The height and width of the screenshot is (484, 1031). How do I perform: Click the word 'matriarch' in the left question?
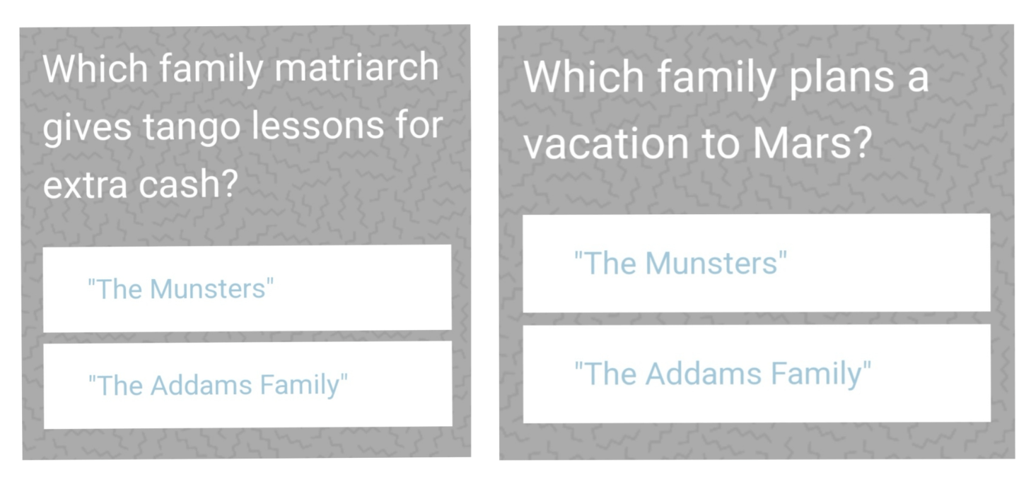coord(356,68)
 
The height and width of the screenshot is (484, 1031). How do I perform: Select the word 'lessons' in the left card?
coord(318,125)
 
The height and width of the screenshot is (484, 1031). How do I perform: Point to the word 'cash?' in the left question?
coord(188,184)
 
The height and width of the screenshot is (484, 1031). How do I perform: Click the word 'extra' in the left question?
coord(85,185)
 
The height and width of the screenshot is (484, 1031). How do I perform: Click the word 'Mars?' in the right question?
coord(812,143)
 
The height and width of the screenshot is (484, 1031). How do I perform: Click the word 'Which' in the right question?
coord(583,76)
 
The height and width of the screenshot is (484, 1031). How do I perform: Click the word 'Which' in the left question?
coord(95,68)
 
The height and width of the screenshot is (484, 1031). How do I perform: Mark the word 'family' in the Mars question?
coord(716,79)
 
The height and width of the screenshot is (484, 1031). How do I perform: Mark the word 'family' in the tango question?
coord(211,70)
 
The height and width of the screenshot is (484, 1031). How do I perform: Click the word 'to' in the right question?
coord(721,144)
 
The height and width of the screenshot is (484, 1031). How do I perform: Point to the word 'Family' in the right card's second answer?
coord(821,374)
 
